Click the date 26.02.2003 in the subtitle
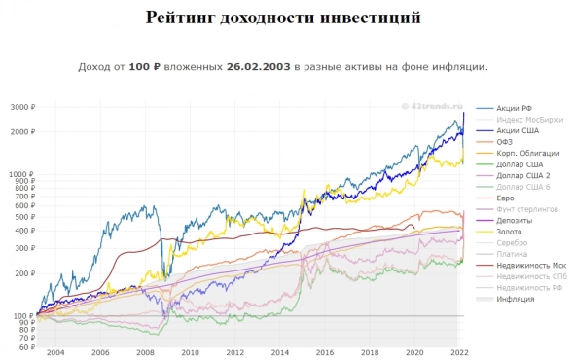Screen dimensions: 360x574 pyautogui.click(x=258, y=68)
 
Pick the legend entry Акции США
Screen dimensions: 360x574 pyautogui.click(x=515, y=130)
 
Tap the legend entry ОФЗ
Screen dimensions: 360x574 pyautogui.click(x=505, y=142)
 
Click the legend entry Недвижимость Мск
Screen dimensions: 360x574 pyautogui.click(x=531, y=266)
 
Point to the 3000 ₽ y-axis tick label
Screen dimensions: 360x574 pyautogui.click(x=19, y=107)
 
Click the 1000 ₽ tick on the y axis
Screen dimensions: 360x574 pyautogui.click(x=19, y=175)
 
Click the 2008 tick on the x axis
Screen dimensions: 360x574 pyautogui.click(x=144, y=353)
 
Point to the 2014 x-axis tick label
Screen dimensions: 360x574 pyautogui.click(x=280, y=353)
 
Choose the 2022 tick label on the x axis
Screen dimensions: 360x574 pyautogui.click(x=460, y=353)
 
